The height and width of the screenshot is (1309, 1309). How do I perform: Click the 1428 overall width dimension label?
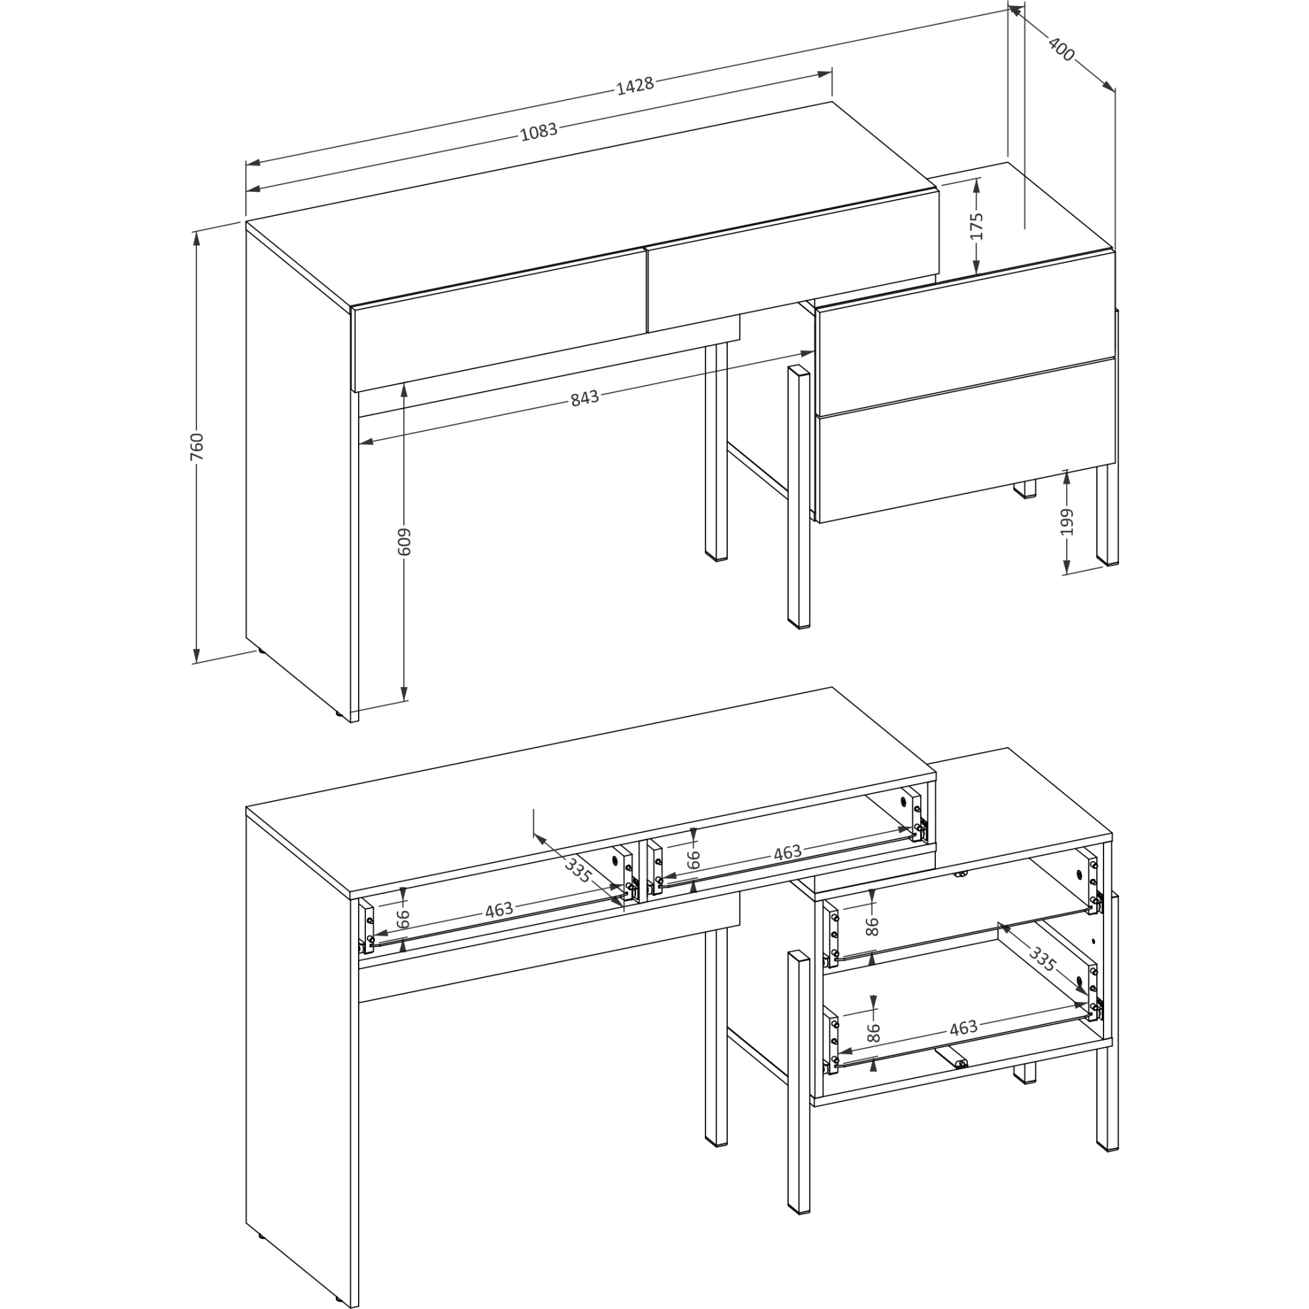pyautogui.click(x=635, y=85)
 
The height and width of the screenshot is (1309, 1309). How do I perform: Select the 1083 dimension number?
pyautogui.click(x=539, y=131)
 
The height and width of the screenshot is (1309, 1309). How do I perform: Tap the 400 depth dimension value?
pyautogui.click(x=1061, y=49)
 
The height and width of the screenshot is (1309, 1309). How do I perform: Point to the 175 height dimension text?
pyautogui.click(x=977, y=226)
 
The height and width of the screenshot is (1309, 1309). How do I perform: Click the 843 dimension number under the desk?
pyautogui.click(x=584, y=398)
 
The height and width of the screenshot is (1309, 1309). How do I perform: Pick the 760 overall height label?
pyautogui.click(x=196, y=446)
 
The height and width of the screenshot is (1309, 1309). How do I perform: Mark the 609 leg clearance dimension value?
pyautogui.click(x=404, y=541)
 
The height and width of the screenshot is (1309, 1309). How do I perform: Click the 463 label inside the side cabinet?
pyautogui.click(x=963, y=1028)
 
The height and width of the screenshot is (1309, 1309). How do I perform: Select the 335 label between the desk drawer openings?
pyautogui.click(x=578, y=869)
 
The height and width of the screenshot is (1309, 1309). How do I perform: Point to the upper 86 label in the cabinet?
pyautogui.click(x=872, y=925)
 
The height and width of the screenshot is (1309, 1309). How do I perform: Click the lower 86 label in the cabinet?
pyautogui.click(x=873, y=1032)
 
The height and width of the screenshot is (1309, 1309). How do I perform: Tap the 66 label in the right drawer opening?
pyautogui.click(x=692, y=860)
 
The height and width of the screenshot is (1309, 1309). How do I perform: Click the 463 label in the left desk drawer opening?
pyautogui.click(x=499, y=910)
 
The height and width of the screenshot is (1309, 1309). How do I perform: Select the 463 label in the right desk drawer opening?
pyautogui.click(x=787, y=852)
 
